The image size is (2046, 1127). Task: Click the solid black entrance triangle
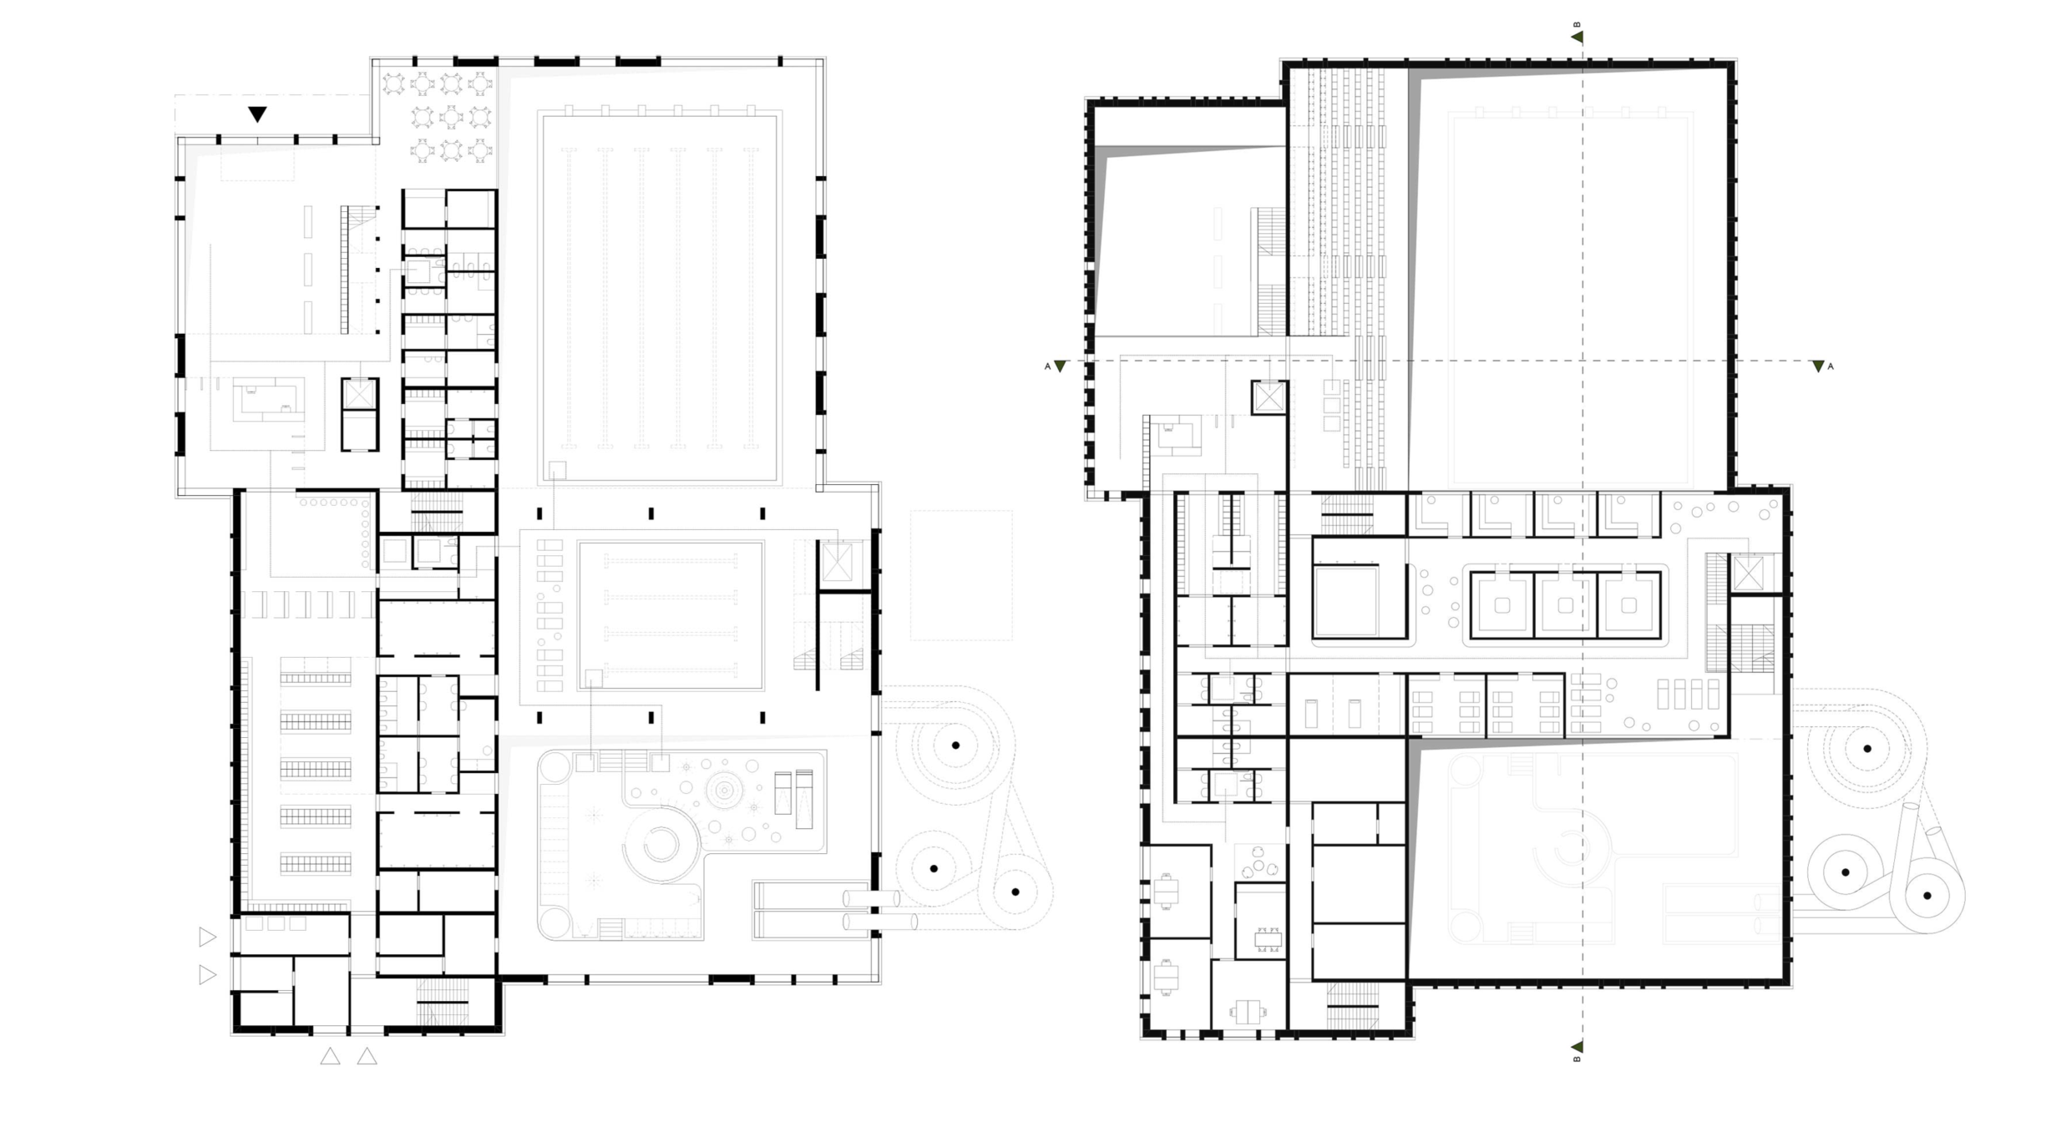[x=257, y=114]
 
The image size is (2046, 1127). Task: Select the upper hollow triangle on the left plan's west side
[x=207, y=937]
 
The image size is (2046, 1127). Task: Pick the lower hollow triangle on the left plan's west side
[x=207, y=974]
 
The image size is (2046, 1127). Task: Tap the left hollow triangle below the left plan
[x=331, y=1057]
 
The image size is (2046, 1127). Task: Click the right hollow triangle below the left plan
[x=367, y=1057]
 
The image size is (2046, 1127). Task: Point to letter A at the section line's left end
[x=1047, y=366]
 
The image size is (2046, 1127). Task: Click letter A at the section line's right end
[x=1830, y=366]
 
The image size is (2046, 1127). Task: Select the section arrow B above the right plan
[x=1577, y=37]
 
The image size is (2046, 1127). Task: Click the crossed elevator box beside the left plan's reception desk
[x=359, y=394]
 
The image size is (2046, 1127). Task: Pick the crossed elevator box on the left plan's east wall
[x=836, y=562]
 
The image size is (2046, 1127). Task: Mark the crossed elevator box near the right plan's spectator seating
[x=1269, y=397]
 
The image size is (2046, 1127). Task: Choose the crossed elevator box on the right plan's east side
[x=1748, y=574]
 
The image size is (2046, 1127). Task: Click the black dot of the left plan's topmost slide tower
[x=956, y=745]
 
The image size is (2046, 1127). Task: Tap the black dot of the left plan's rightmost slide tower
[x=1015, y=892]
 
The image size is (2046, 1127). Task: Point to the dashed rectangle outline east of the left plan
[x=961, y=575]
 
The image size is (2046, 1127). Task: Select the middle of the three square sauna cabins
[x=1565, y=605]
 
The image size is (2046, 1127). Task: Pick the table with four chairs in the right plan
[x=1268, y=938]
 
